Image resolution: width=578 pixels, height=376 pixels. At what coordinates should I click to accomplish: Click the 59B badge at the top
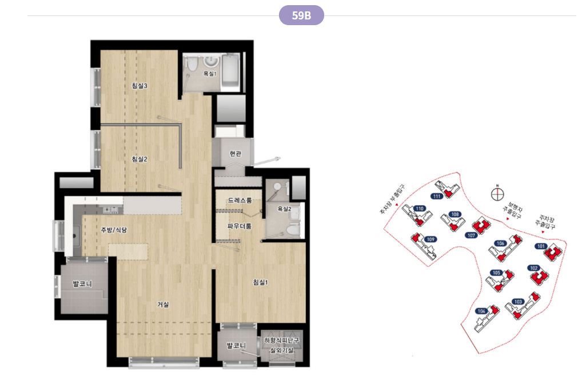pyautogui.click(x=301, y=15)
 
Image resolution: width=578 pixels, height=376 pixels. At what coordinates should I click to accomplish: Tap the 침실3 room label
pyautogui.click(x=139, y=86)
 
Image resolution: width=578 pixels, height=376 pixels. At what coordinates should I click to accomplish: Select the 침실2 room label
pyautogui.click(x=139, y=159)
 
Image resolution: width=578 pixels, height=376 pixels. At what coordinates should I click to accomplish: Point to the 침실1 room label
pyautogui.click(x=260, y=282)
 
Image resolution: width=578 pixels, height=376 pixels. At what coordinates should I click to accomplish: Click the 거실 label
pyautogui.click(x=163, y=304)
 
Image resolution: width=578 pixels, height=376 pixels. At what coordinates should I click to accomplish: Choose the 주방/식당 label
pyautogui.click(x=114, y=230)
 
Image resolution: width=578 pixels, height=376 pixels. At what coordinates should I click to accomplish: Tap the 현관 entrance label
pyautogui.click(x=235, y=153)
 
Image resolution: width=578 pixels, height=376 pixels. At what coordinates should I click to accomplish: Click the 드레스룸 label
pyautogui.click(x=240, y=201)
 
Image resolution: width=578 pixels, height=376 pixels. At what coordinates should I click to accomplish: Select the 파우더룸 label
pyautogui.click(x=240, y=226)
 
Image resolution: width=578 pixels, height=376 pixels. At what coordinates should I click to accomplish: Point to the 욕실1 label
pyautogui.click(x=210, y=74)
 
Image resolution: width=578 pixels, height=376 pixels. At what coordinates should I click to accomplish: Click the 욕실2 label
pyautogui.click(x=284, y=209)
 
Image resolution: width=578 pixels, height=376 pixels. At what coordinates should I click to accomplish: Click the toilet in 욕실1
pyautogui.click(x=192, y=65)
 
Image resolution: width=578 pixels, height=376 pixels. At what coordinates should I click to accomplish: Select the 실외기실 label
pyautogui.click(x=282, y=350)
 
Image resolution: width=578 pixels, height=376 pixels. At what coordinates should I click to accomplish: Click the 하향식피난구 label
pyautogui.click(x=282, y=340)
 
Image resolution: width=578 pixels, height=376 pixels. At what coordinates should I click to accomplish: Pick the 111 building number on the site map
pyautogui.click(x=437, y=196)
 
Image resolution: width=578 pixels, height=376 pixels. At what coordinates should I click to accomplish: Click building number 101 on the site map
pyautogui.click(x=541, y=246)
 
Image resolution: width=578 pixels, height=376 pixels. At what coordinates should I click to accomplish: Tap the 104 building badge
pyautogui.click(x=481, y=311)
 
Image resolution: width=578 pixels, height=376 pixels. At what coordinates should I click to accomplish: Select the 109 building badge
pyautogui.click(x=430, y=239)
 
